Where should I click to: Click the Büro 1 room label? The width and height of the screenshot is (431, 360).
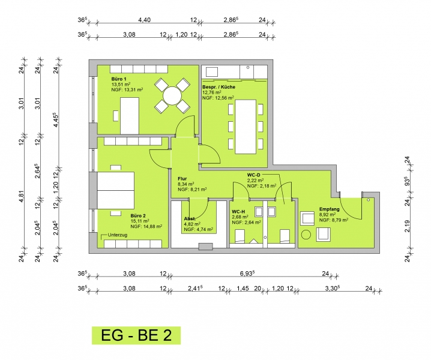(119, 79)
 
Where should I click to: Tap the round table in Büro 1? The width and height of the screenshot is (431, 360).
(172, 95)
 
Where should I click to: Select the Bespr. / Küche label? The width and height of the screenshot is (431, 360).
(219, 87)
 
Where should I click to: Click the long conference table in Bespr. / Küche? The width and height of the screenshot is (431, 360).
(246, 127)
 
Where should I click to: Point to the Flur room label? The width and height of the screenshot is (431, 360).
(182, 179)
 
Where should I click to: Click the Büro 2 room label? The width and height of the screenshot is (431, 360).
(138, 215)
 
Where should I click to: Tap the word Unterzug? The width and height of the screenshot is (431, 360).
(118, 235)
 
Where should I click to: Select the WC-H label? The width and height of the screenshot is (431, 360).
(238, 212)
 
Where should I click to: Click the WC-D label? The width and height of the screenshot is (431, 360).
(253, 175)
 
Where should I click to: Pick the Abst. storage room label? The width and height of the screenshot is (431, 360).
(190, 219)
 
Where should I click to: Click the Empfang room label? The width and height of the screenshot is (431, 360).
(330, 209)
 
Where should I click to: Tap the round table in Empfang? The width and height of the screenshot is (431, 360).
(306, 235)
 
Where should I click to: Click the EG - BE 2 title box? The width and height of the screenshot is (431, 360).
(136, 335)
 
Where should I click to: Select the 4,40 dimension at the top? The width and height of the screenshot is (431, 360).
(144, 20)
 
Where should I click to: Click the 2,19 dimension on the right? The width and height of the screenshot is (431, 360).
(408, 226)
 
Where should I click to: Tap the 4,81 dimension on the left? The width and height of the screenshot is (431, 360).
(22, 196)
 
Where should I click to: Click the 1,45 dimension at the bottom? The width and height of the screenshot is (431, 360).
(243, 288)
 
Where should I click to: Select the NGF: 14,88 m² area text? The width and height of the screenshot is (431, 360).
(146, 226)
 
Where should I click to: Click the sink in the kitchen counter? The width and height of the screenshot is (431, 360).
(212, 72)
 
